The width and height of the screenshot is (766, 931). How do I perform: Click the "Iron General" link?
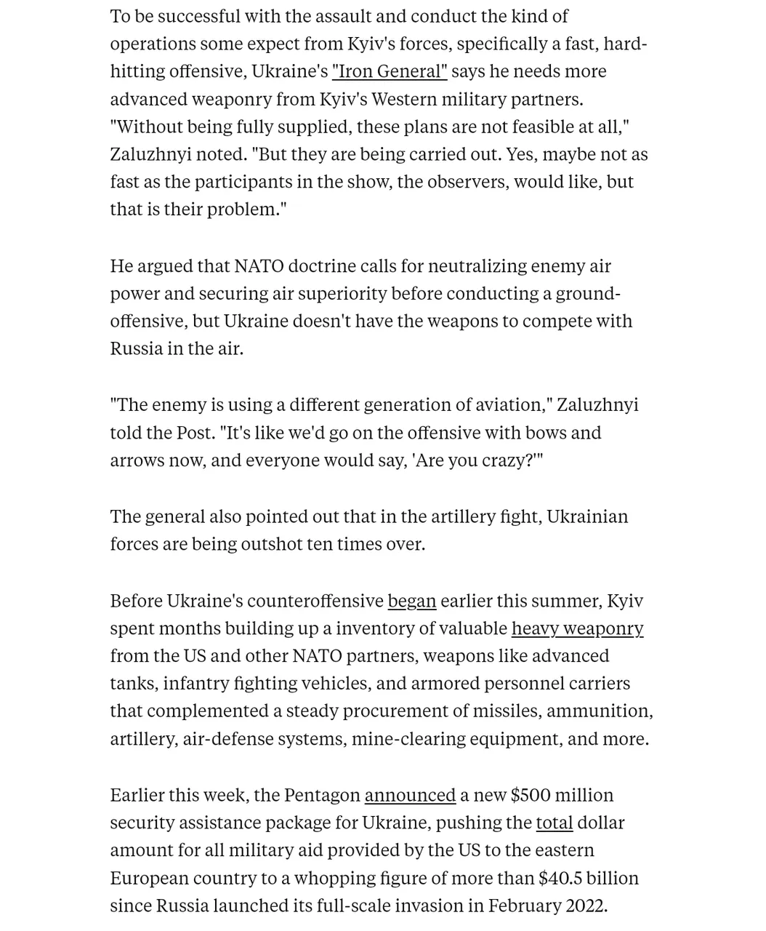390,71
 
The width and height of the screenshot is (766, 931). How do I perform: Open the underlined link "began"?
412,601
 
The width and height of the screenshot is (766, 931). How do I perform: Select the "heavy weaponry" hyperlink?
577,628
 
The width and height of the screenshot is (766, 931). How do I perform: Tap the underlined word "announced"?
410,795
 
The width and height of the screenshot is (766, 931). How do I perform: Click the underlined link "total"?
554,823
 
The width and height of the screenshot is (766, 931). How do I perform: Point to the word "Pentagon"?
322,795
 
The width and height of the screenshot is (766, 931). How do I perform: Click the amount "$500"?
531,795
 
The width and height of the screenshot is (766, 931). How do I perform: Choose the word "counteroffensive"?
315,601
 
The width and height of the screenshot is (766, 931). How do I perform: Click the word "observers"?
467,182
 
